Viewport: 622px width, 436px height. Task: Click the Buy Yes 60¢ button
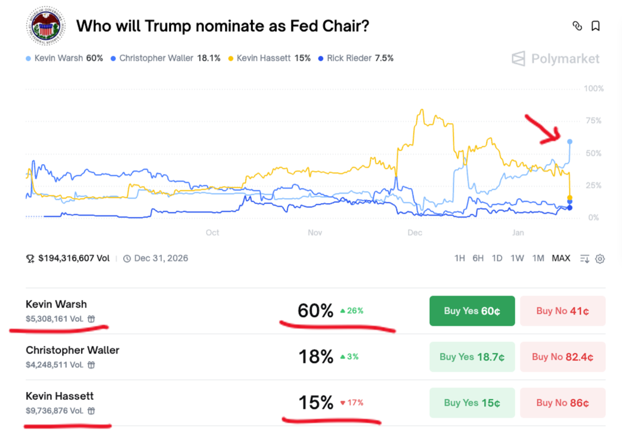click(x=472, y=311)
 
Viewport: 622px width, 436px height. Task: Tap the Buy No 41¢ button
click(x=562, y=311)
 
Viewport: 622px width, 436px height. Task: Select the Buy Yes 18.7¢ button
click(x=472, y=357)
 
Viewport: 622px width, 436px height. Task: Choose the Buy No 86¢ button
click(x=562, y=403)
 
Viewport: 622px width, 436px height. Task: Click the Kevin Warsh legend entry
click(x=65, y=58)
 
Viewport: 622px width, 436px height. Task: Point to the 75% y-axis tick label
click(x=593, y=121)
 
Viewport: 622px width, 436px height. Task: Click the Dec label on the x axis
click(x=415, y=233)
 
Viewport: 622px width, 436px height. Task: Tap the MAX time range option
click(x=560, y=258)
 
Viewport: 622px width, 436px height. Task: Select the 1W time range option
click(x=517, y=258)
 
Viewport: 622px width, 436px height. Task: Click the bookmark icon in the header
click(x=596, y=26)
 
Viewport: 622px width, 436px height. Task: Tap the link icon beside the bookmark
click(x=577, y=26)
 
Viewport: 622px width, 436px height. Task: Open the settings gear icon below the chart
click(x=600, y=259)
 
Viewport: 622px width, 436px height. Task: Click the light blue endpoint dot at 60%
click(x=570, y=141)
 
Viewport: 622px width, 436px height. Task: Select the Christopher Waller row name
click(x=73, y=350)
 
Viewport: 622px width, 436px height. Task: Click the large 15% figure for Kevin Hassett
click(x=316, y=403)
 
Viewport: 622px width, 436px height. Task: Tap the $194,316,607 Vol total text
click(x=74, y=258)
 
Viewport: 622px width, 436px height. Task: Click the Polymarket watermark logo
click(x=555, y=59)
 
